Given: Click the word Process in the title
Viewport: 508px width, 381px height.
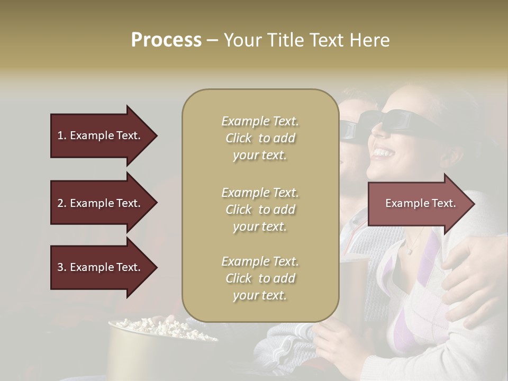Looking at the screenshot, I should pos(166,40).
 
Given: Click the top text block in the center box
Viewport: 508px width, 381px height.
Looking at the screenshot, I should pos(260,138).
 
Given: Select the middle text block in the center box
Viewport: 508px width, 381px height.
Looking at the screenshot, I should pos(260,210).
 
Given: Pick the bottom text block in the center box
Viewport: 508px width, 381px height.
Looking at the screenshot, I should pos(260,278).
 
